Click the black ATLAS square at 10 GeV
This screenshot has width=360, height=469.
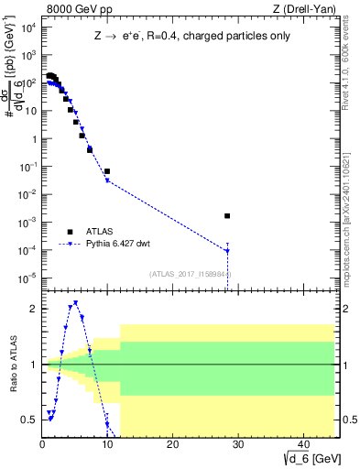click(x=107, y=171)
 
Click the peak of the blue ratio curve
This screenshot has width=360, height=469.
click(x=75, y=302)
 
